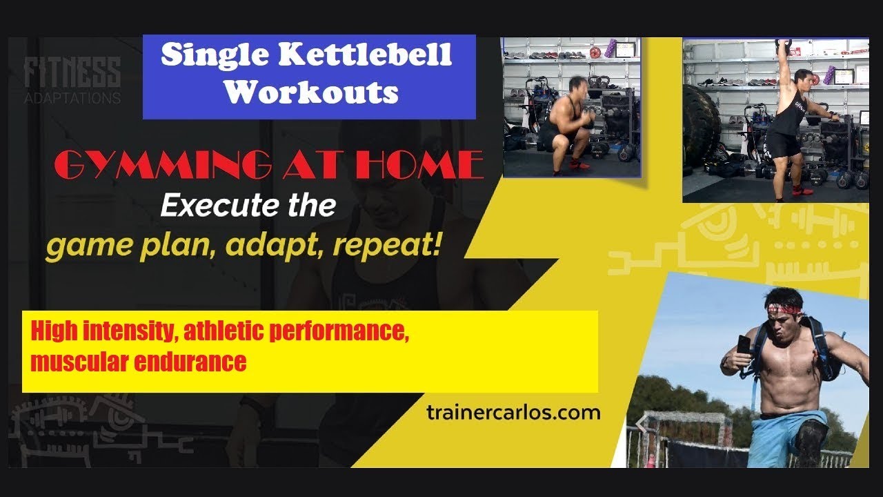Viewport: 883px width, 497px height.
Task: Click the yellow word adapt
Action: pos(272,246)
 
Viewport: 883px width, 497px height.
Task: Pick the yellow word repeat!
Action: pos(387,245)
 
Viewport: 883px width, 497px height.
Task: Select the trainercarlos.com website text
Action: pos(513,413)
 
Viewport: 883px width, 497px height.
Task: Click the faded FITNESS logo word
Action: pos(72,72)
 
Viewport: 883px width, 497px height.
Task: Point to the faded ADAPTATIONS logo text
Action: pos(72,98)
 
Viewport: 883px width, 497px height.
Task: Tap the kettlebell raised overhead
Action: pos(783,46)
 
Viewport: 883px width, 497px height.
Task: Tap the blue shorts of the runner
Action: pos(784,438)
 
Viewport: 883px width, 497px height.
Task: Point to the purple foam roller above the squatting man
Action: pos(611,48)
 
